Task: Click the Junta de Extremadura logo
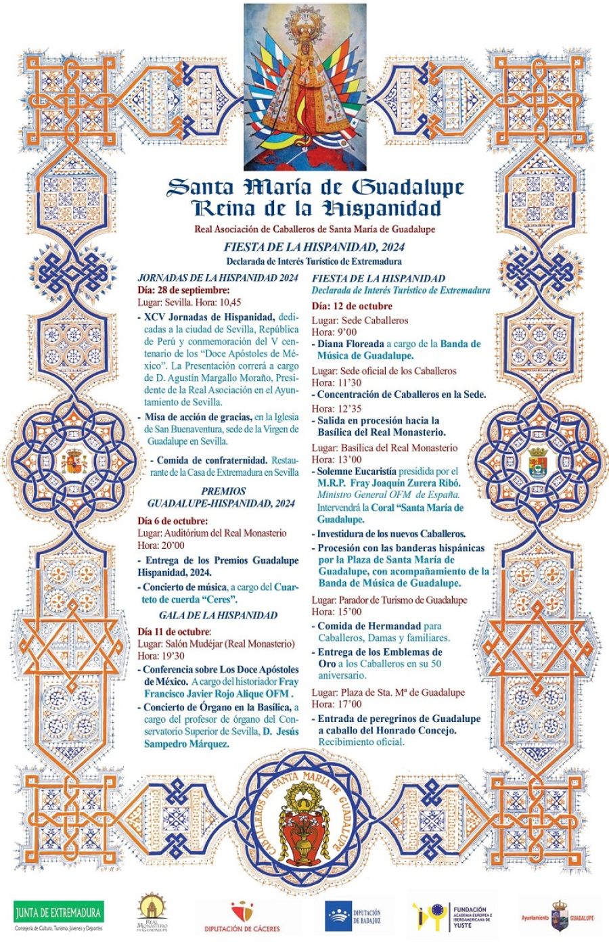[58, 916]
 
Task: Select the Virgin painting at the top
[304, 86]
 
